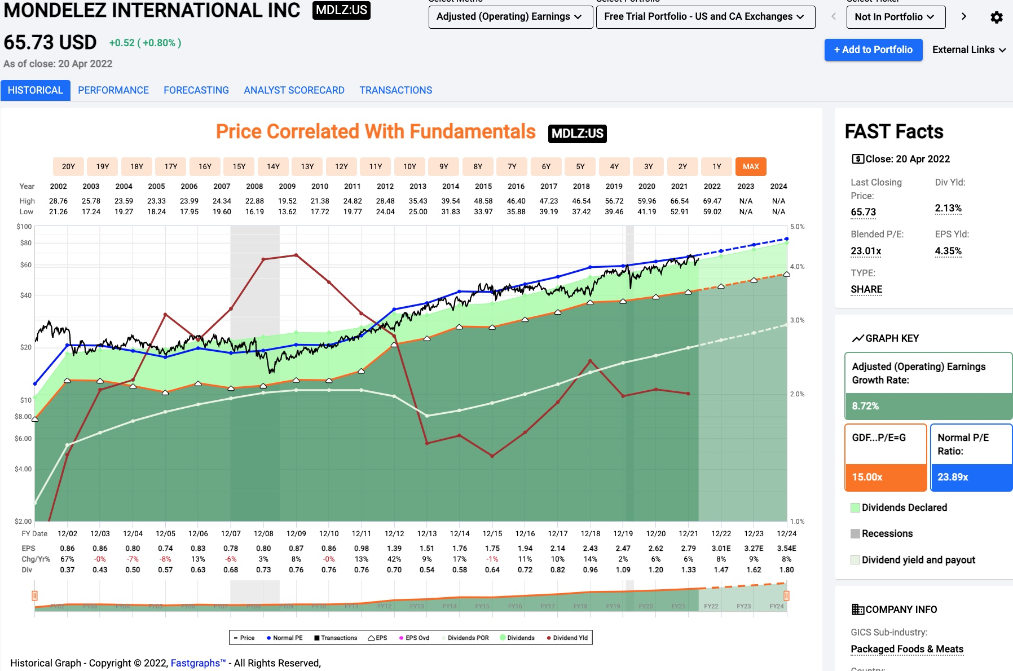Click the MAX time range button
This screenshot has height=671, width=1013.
click(751, 166)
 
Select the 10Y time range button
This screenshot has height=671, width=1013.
click(409, 166)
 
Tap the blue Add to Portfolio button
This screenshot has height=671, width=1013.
click(873, 50)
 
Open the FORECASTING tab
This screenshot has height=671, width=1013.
click(196, 90)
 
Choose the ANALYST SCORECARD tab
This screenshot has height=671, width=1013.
click(294, 90)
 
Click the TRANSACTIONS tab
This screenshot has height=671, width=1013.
click(396, 90)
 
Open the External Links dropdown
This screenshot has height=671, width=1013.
click(968, 50)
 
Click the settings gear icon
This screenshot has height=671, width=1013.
click(997, 17)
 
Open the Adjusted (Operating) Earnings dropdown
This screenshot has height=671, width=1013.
click(510, 17)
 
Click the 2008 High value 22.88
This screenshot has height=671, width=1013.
click(254, 201)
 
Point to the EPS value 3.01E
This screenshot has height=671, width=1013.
click(721, 548)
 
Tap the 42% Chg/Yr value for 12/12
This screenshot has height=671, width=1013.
click(394, 559)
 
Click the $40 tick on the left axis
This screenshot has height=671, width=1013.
click(26, 295)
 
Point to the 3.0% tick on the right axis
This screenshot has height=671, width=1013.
click(797, 320)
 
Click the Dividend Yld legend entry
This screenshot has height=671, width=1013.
click(567, 638)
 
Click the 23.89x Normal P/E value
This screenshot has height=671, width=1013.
click(953, 477)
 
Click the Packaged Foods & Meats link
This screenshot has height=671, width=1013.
click(907, 649)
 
